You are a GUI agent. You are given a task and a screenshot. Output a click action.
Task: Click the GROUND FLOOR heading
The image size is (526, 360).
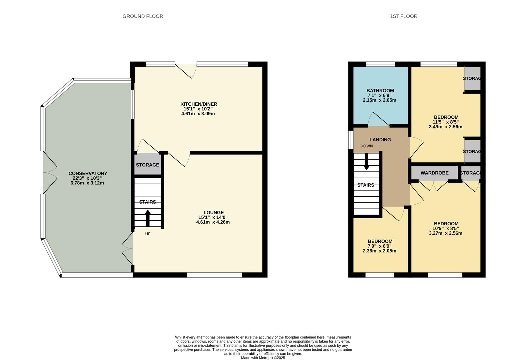tap(143, 16)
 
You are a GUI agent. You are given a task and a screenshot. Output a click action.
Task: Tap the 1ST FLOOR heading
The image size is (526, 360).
tap(404, 16)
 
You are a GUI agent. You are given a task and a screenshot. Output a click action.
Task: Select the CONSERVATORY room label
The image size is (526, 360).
tap(88, 173)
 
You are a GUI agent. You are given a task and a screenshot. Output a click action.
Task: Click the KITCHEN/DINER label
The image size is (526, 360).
tap(199, 104)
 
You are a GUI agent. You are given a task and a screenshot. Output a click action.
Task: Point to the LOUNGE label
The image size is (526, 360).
tap(214, 213)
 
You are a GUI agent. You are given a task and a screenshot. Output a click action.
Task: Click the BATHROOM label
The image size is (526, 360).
tap(380, 91)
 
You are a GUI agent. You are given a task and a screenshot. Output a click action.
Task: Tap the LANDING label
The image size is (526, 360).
tap(380, 140)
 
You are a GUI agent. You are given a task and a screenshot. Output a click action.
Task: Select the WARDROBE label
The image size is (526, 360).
tap(434, 173)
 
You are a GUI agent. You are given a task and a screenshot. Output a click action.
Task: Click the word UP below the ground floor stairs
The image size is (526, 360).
tap(148, 234)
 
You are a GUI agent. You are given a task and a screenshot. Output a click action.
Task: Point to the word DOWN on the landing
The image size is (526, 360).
tap(367, 146)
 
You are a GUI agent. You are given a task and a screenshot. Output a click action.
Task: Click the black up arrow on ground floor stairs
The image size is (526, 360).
tap(148, 218)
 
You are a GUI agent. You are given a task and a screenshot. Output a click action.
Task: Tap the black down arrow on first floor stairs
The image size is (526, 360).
tap(367, 162)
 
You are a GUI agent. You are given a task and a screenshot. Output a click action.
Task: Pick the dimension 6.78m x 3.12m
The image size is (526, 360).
tap(87, 183)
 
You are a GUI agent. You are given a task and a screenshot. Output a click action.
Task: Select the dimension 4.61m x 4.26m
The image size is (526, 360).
tap(213, 222)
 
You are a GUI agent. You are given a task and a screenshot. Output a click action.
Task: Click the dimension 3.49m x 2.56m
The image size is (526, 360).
tap(445, 127)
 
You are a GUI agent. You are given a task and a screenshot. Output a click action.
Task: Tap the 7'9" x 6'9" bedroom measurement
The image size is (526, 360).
tap(379, 246)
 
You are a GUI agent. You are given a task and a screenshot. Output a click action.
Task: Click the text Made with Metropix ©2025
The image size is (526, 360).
tap(263, 358)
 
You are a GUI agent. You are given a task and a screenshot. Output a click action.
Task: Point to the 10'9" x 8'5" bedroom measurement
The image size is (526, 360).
tap(445, 228)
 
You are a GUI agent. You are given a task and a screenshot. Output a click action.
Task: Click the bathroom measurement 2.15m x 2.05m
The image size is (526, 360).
tap(379, 100)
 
